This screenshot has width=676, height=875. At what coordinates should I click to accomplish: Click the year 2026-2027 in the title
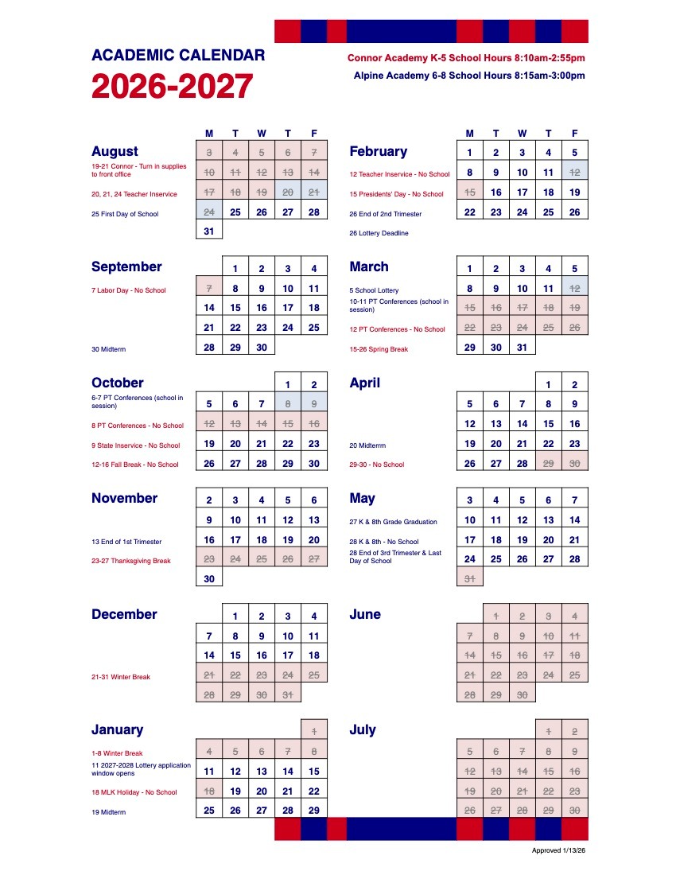pyautogui.click(x=173, y=87)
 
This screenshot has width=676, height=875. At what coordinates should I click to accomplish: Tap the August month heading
pyautogui.click(x=115, y=151)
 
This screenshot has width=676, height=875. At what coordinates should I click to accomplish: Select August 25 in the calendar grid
pyautogui.click(x=235, y=212)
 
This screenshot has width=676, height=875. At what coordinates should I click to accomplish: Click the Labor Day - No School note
pyautogui.click(x=129, y=290)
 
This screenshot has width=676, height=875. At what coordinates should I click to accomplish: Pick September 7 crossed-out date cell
pyautogui.click(x=209, y=290)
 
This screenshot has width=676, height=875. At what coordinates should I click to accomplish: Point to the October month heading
pyautogui.click(x=117, y=383)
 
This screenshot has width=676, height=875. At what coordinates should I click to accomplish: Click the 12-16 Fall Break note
pyautogui.click(x=135, y=465)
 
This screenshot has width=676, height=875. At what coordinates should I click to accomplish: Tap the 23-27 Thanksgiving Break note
pyautogui.click(x=131, y=561)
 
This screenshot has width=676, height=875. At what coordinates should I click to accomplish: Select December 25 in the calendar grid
pyautogui.click(x=314, y=675)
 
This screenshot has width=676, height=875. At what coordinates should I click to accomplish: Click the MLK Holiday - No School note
pyautogui.click(x=134, y=792)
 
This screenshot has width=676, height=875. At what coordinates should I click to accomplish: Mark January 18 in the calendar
pyautogui.click(x=209, y=791)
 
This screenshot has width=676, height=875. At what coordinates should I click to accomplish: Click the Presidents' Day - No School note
pyautogui.click(x=396, y=194)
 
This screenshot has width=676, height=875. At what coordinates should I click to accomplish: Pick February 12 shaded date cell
pyautogui.click(x=575, y=172)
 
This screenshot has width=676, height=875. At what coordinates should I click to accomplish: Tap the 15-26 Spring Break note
pyautogui.click(x=379, y=349)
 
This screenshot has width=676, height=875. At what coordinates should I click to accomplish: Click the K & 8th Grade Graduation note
pyautogui.click(x=394, y=522)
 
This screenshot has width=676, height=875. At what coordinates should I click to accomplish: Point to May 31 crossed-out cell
pyautogui.click(x=470, y=579)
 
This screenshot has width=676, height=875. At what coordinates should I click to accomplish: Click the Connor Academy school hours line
pyautogui.click(x=466, y=58)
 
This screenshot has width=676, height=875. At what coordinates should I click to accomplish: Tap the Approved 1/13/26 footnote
pyautogui.click(x=558, y=850)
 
